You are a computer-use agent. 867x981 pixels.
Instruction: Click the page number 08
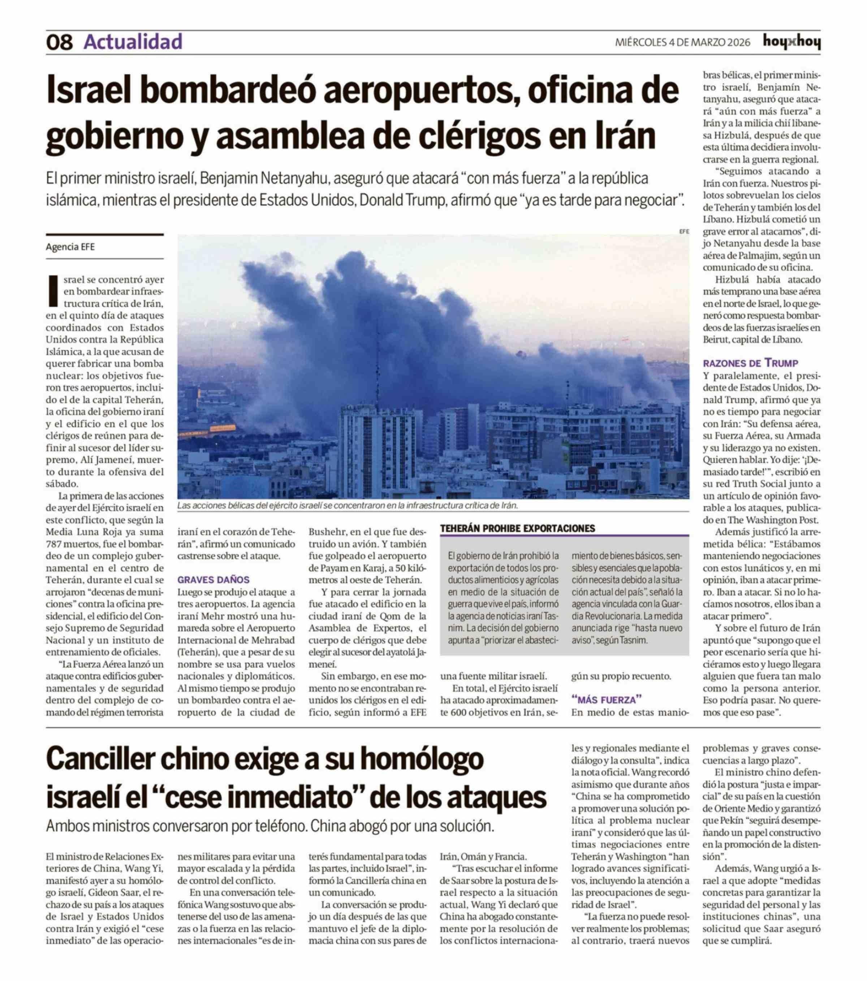coord(59,43)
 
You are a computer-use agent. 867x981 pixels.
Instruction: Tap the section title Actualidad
coord(133,42)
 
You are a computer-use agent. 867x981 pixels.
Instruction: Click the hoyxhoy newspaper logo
coord(791,42)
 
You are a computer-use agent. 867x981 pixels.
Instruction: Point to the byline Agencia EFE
coord(70,247)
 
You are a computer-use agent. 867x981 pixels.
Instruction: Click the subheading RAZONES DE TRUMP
coord(750,363)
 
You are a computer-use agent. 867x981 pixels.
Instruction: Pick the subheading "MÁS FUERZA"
coord(606,699)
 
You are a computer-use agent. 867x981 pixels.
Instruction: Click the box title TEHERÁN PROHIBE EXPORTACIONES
coord(518,529)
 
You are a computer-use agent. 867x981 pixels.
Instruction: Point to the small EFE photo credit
coord(683,231)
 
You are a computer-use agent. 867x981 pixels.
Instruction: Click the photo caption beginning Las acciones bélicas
coord(348,505)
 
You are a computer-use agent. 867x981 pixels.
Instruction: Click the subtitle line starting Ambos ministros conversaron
coord(270,826)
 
